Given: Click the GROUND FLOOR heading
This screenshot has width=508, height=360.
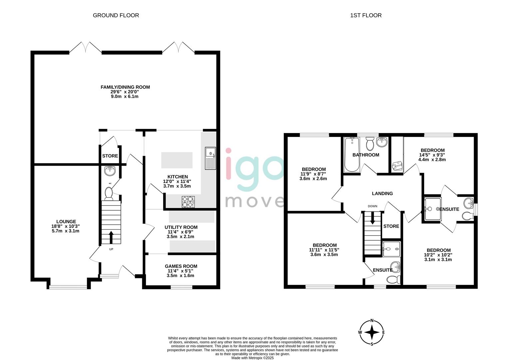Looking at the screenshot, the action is (x=116, y=15).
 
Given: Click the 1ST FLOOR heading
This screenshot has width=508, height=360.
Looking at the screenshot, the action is (x=366, y=15).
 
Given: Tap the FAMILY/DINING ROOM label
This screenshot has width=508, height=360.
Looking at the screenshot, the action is (x=125, y=87).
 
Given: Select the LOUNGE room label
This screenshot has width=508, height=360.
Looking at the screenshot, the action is (x=66, y=222).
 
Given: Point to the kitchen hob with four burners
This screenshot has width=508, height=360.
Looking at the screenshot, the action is (x=188, y=202).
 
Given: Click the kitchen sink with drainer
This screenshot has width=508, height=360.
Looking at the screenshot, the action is (x=211, y=158).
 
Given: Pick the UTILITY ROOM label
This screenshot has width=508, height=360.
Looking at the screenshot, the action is (x=181, y=227).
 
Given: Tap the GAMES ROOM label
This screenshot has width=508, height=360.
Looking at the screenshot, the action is (x=181, y=266).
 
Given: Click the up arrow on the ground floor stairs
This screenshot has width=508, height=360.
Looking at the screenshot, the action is (x=111, y=237).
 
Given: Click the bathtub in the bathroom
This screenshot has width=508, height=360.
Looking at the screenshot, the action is (x=352, y=154).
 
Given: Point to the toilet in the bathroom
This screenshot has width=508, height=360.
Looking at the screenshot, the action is (x=370, y=143).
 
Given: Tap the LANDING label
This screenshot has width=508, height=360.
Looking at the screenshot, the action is (x=382, y=193).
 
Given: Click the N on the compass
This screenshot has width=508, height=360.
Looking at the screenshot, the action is (x=372, y=321).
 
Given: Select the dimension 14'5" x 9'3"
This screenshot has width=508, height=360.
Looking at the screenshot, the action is (x=432, y=155).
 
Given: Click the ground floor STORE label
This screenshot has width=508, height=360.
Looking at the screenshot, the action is (x=110, y=156).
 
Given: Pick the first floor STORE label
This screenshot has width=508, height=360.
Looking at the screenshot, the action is (x=391, y=226).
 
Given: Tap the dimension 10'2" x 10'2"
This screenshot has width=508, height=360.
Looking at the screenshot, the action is (x=439, y=255).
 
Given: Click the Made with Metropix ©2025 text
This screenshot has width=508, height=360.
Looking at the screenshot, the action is (x=253, y=358).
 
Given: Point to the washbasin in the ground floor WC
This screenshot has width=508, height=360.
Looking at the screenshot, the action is (x=110, y=171).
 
